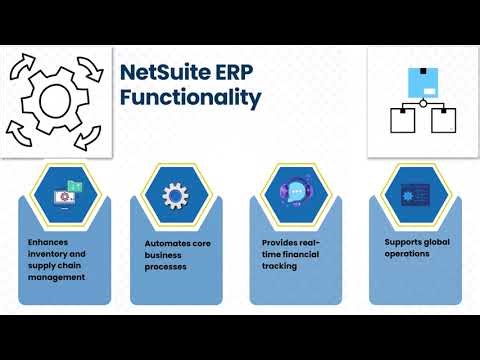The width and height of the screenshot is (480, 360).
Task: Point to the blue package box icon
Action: point(423,80)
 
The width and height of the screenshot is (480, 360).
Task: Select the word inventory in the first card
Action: point(50,253)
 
